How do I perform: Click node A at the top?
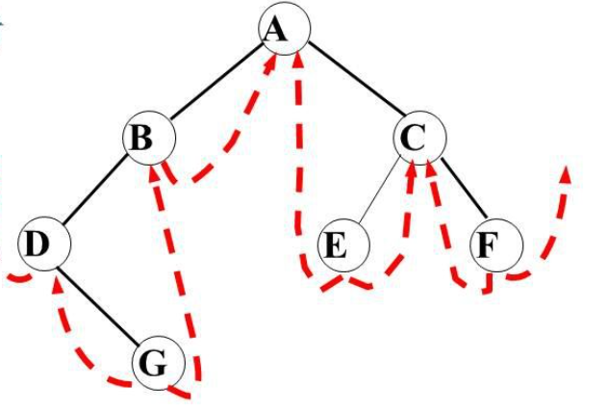pos(282,31)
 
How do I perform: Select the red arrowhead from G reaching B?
pos(156,174)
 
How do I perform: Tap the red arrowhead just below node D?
pos(57,283)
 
